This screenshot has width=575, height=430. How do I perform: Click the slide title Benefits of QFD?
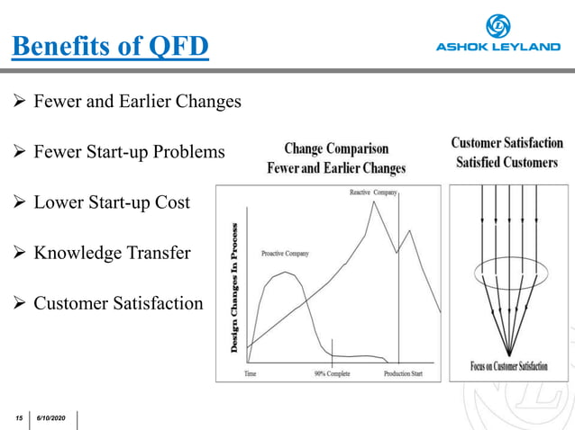tap(110, 46)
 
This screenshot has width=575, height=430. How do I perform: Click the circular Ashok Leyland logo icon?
tap(497, 26)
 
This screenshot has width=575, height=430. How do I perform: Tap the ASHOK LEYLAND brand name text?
tap(497, 48)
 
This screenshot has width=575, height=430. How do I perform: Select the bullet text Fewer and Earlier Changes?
tap(137, 102)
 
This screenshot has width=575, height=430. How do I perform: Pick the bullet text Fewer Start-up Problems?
tap(129, 152)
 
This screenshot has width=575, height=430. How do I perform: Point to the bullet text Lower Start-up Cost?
tap(112, 202)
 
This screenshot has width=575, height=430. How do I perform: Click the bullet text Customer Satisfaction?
tap(118, 303)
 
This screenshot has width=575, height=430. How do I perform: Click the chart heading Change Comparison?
tap(336, 148)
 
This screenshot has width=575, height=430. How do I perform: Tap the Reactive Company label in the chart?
tap(373, 193)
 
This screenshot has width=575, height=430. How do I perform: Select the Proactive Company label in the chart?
tap(285, 254)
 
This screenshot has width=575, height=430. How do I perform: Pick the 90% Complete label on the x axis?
tap(332, 373)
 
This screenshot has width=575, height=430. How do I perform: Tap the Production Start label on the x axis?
tap(403, 373)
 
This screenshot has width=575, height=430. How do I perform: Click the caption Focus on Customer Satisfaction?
tap(508, 366)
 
